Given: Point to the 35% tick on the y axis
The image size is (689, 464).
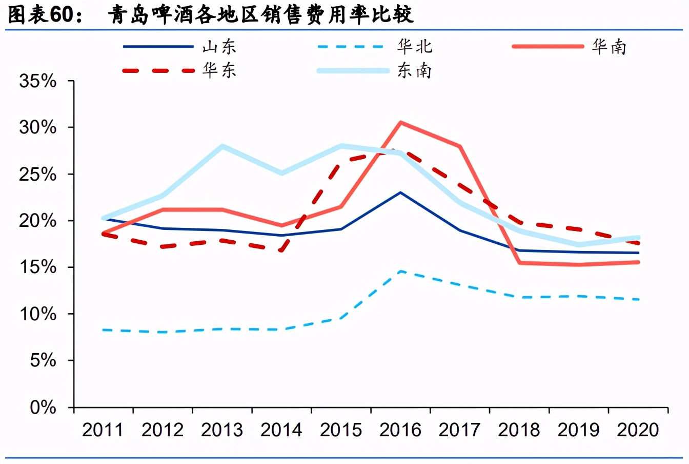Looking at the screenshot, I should coord(38,81).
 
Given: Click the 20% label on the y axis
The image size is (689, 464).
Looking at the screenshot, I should coord(38,221).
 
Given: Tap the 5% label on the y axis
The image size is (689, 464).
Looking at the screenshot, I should coord(43,360).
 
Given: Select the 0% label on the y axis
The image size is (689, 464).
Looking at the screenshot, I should coord(43,408).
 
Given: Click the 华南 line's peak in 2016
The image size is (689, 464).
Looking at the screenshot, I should coord(400,123).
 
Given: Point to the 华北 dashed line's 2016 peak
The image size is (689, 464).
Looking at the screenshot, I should coord(400,272).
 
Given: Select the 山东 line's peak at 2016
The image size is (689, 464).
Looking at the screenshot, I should coord(400,192).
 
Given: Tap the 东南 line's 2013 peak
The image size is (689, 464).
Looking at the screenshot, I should coord(222,146).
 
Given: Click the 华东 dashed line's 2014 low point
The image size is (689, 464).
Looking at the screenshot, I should coord(281,250).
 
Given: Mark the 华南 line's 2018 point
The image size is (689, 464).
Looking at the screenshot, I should coord(519,263).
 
